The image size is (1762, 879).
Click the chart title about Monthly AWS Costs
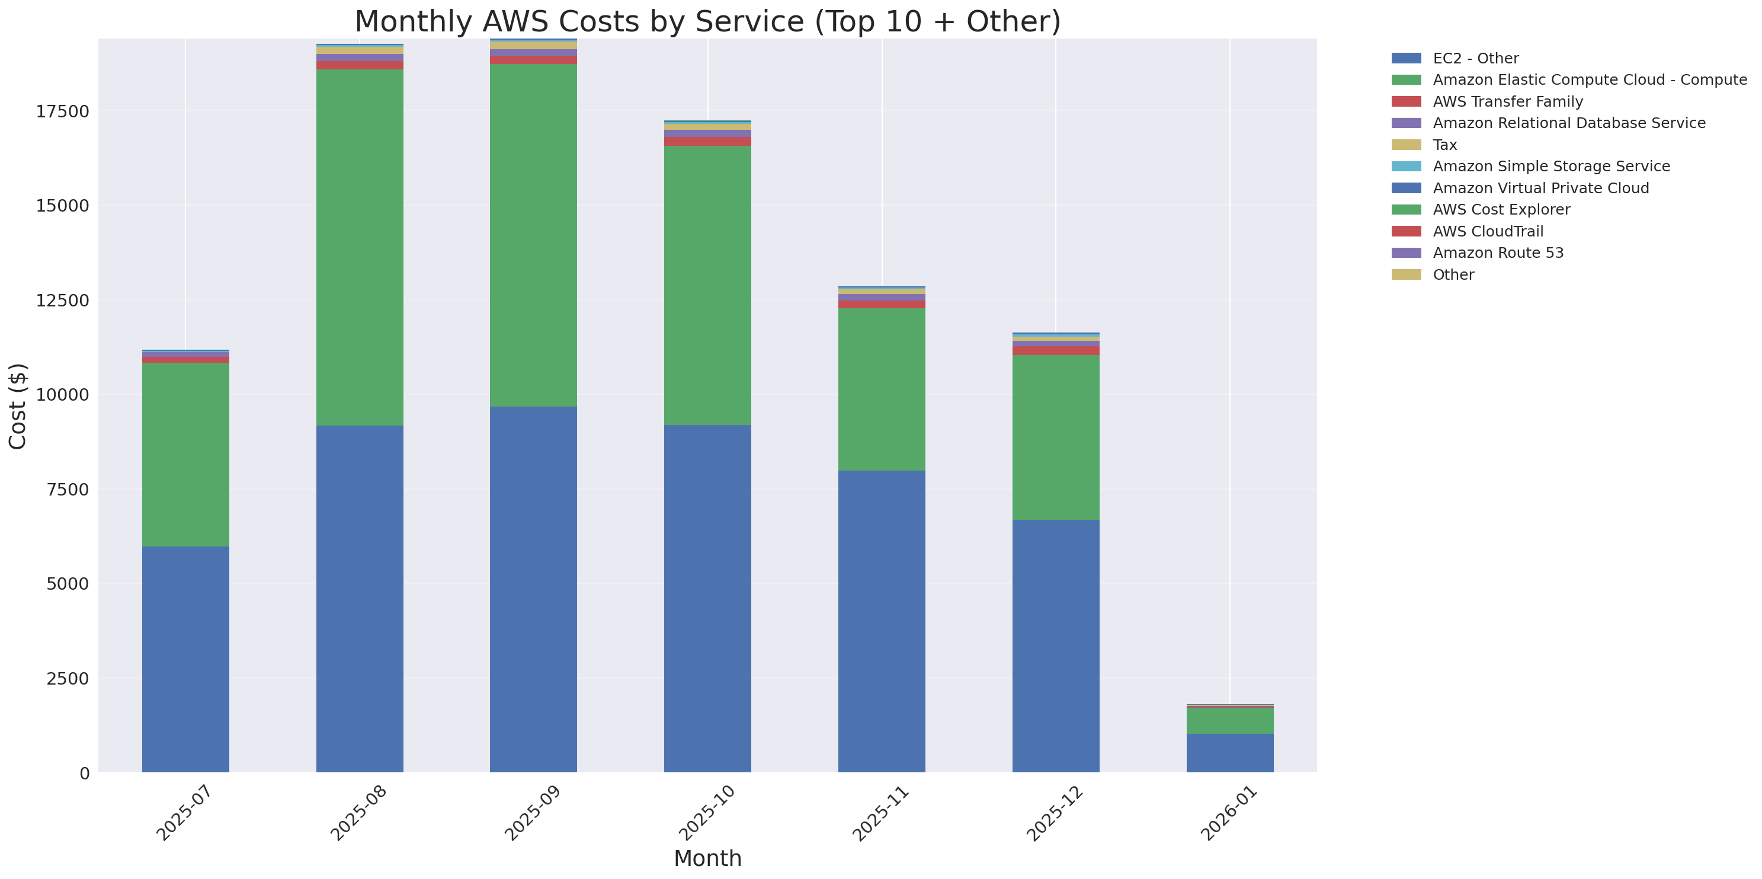tap(707, 21)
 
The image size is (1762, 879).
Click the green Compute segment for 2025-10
tap(707, 285)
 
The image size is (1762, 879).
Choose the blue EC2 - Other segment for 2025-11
tap(882, 621)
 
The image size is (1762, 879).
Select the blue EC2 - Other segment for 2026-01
tap(1230, 753)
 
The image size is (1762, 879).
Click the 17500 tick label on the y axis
tap(62, 111)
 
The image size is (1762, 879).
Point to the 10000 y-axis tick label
tap(62, 395)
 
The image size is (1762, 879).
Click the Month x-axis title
tap(707, 858)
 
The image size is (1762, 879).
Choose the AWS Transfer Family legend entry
tap(1508, 102)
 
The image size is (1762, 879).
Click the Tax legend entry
tap(1444, 145)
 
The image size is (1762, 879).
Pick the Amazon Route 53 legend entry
tap(1498, 253)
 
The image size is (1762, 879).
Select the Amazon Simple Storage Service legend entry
tap(1550, 166)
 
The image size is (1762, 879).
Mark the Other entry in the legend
tap(1453, 275)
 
